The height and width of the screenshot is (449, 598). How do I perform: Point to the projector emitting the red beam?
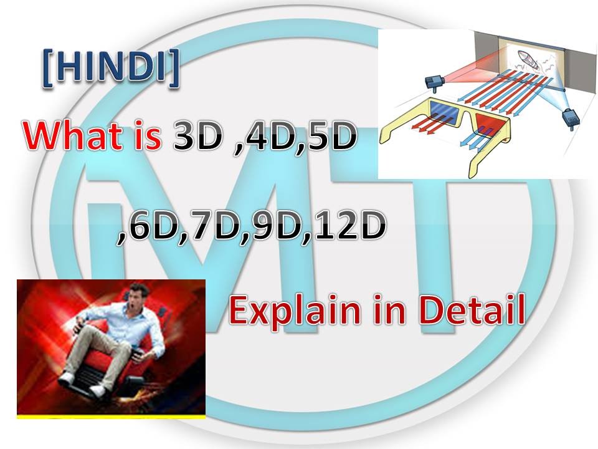434,80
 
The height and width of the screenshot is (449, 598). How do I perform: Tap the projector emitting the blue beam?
570,118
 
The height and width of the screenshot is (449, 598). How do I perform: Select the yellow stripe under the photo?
111,414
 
